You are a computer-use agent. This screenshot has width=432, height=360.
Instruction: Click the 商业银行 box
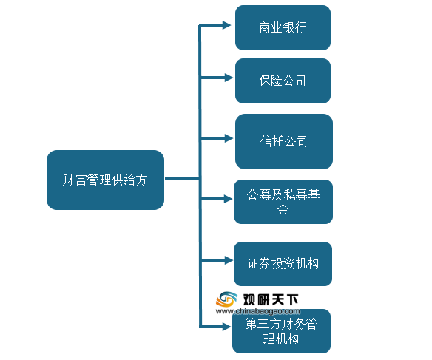pyautogui.click(x=283, y=27)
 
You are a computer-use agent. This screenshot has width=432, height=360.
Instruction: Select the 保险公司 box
pyautogui.click(x=283, y=81)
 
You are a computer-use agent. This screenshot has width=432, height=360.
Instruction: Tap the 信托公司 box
pyautogui.click(x=284, y=141)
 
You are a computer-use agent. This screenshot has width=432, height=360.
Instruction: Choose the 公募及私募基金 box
pyautogui.click(x=283, y=202)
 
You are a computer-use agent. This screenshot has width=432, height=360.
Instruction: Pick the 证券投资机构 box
pyautogui.click(x=283, y=264)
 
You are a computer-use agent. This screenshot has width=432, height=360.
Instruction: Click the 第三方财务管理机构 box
pyautogui.click(x=281, y=331)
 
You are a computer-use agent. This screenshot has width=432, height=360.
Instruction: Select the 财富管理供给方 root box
pyautogui.click(x=105, y=180)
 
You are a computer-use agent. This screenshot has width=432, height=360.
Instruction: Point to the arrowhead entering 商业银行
pyautogui.click(x=226, y=25)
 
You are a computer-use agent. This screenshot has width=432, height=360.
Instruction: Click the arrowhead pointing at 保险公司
pyautogui.click(x=229, y=78)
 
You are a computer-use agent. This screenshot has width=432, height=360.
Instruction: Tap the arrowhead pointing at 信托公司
pyautogui.click(x=229, y=138)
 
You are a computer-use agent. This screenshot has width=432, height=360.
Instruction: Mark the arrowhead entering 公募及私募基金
pyautogui.click(x=228, y=199)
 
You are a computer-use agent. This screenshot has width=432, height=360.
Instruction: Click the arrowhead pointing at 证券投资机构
pyautogui.click(x=229, y=260)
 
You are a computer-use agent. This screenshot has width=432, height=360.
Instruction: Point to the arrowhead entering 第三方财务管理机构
pyautogui.click(x=226, y=327)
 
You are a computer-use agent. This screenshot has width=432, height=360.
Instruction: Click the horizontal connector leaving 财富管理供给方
pyautogui.click(x=182, y=179)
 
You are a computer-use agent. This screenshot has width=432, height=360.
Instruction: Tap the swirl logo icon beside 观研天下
pyautogui.click(x=226, y=299)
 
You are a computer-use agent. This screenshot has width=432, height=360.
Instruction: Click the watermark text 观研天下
pyautogui.click(x=271, y=299)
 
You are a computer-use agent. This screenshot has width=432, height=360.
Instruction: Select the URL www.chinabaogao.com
pyautogui.click(x=258, y=311)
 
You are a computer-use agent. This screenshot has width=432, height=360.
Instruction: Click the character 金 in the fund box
pyautogui.click(x=283, y=209)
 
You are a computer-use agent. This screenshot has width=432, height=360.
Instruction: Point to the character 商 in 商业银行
pyautogui.click(x=265, y=28)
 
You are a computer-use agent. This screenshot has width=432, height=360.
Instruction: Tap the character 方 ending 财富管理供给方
pyautogui.click(x=141, y=180)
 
